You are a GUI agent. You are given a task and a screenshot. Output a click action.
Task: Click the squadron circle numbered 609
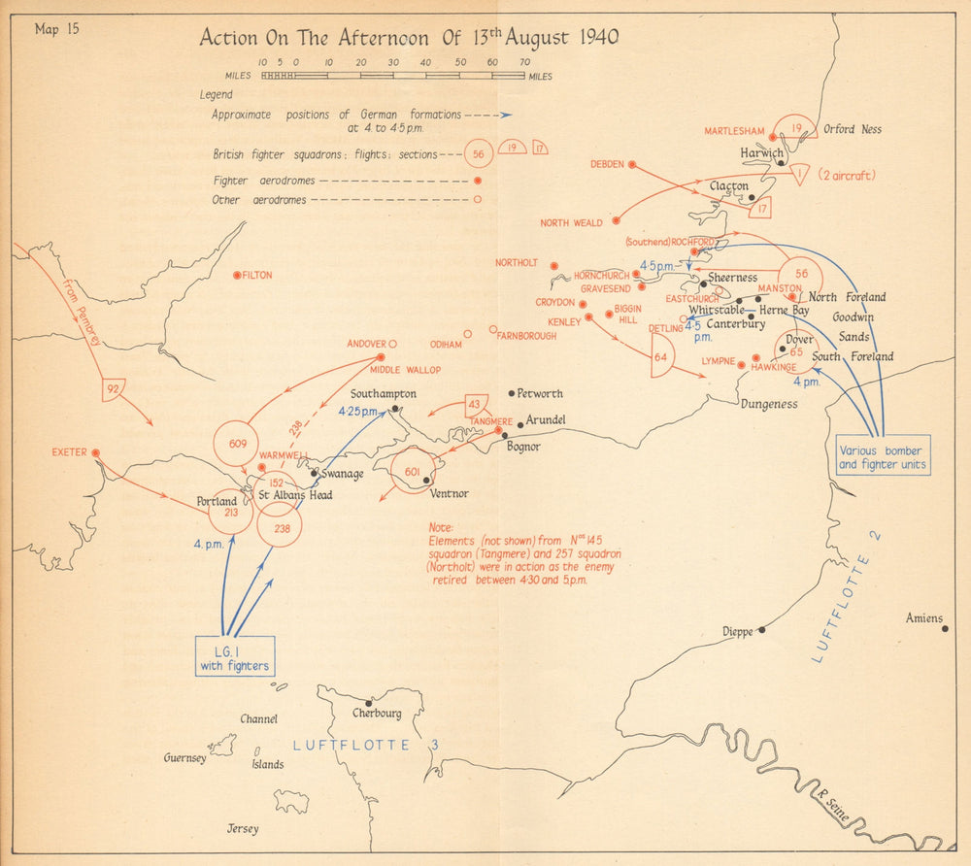238,444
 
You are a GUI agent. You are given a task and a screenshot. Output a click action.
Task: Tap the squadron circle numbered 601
412,473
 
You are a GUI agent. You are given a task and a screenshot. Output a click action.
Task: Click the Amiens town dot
945,628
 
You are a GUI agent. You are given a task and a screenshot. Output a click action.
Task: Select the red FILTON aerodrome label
257,276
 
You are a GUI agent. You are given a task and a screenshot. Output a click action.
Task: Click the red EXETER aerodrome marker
95,452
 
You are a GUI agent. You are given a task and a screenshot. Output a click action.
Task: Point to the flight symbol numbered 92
114,390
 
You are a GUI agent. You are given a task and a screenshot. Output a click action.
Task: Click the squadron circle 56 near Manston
800,274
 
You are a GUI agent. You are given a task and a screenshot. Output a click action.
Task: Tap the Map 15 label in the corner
57,28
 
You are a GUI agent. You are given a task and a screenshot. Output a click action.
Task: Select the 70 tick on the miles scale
524,61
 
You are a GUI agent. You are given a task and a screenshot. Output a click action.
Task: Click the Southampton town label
384,394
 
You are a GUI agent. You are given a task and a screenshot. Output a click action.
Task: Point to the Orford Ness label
853,128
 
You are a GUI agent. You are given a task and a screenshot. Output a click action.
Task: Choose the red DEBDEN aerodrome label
607,165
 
